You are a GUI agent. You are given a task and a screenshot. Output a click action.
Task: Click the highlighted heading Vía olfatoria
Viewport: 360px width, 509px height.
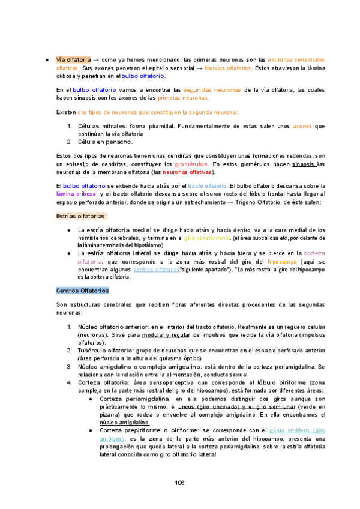pyautogui.click(x=73, y=60)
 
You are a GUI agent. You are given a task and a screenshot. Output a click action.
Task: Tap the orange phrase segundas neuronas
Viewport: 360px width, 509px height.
pyautogui.click(x=217, y=89)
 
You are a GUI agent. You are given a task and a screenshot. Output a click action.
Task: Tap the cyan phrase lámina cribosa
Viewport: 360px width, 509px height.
pyautogui.click(x=75, y=194)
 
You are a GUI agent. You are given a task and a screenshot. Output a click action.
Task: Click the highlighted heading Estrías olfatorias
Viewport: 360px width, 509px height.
pyautogui.click(x=81, y=216)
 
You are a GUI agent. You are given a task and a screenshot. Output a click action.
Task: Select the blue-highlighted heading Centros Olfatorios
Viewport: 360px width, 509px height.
pyautogui.click(x=82, y=291)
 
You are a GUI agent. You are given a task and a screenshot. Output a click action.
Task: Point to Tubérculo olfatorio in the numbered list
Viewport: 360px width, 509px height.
pyautogui.click(x=107, y=350)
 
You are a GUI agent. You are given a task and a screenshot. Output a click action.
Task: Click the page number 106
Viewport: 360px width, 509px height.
pyautogui.click(x=179, y=483)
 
